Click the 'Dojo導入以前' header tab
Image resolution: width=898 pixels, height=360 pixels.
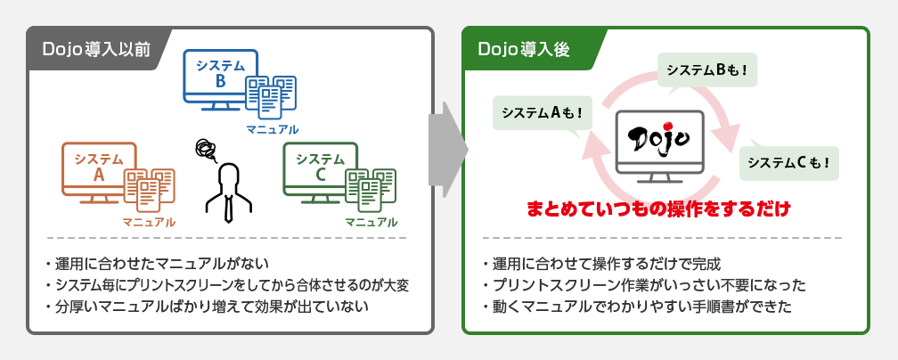[97, 49]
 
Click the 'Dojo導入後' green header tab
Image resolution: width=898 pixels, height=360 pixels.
[533, 49]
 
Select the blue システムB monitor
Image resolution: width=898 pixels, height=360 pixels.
[221, 79]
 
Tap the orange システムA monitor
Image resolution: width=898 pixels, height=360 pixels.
[99, 173]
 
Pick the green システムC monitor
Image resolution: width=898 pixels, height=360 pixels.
[320, 173]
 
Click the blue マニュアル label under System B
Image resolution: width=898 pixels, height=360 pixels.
[272, 129]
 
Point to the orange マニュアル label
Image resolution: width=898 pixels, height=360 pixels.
[149, 223]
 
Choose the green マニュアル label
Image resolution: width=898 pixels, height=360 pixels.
[371, 223]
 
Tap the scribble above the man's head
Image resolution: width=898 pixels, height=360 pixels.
[206, 151]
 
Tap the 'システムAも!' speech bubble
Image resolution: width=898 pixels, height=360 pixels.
[542, 112]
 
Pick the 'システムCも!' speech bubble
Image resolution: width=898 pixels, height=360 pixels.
[789, 163]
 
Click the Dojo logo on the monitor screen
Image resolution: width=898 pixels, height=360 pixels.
[658, 137]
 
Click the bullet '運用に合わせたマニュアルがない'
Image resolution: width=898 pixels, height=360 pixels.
[157, 265]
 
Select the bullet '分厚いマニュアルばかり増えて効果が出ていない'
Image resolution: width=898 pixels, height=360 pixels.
[206, 307]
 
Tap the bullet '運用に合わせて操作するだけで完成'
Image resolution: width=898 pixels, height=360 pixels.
[601, 265]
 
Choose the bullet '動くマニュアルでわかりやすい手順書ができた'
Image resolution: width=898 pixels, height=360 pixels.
[637, 307]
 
